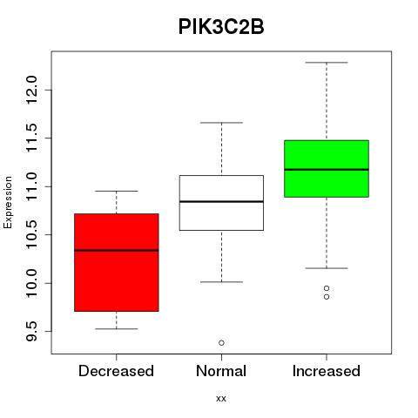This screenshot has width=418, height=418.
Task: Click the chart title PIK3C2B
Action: coord(221,27)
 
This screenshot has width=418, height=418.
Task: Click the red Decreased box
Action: coord(117,262)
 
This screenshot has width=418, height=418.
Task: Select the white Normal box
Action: coord(221,203)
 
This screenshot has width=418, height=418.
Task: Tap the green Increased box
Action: coord(327,169)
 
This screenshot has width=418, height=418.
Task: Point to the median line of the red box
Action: coord(117,250)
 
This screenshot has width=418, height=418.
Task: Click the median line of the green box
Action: coord(327,170)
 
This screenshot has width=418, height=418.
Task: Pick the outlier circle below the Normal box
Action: coord(221,343)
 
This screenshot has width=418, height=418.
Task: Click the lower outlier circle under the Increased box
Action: coord(327,297)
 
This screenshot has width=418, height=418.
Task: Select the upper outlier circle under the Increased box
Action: coord(327,288)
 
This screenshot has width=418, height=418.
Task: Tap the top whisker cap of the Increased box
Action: coord(327,63)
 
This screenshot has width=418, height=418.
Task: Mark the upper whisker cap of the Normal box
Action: coord(221,123)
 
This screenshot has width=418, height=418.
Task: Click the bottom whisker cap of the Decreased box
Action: coord(117,329)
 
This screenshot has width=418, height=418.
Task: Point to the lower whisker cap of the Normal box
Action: coord(221,282)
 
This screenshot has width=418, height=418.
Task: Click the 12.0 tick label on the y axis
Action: coord(31,90)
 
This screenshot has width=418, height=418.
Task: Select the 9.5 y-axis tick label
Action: coord(31,331)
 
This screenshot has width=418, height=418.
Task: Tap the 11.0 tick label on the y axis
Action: coord(31,186)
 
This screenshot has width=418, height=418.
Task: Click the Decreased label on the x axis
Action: coord(116,371)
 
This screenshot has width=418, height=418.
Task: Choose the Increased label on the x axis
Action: coord(327,371)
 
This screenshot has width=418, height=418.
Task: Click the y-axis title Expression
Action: coord(8,202)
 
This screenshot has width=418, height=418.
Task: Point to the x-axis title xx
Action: coord(221,399)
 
